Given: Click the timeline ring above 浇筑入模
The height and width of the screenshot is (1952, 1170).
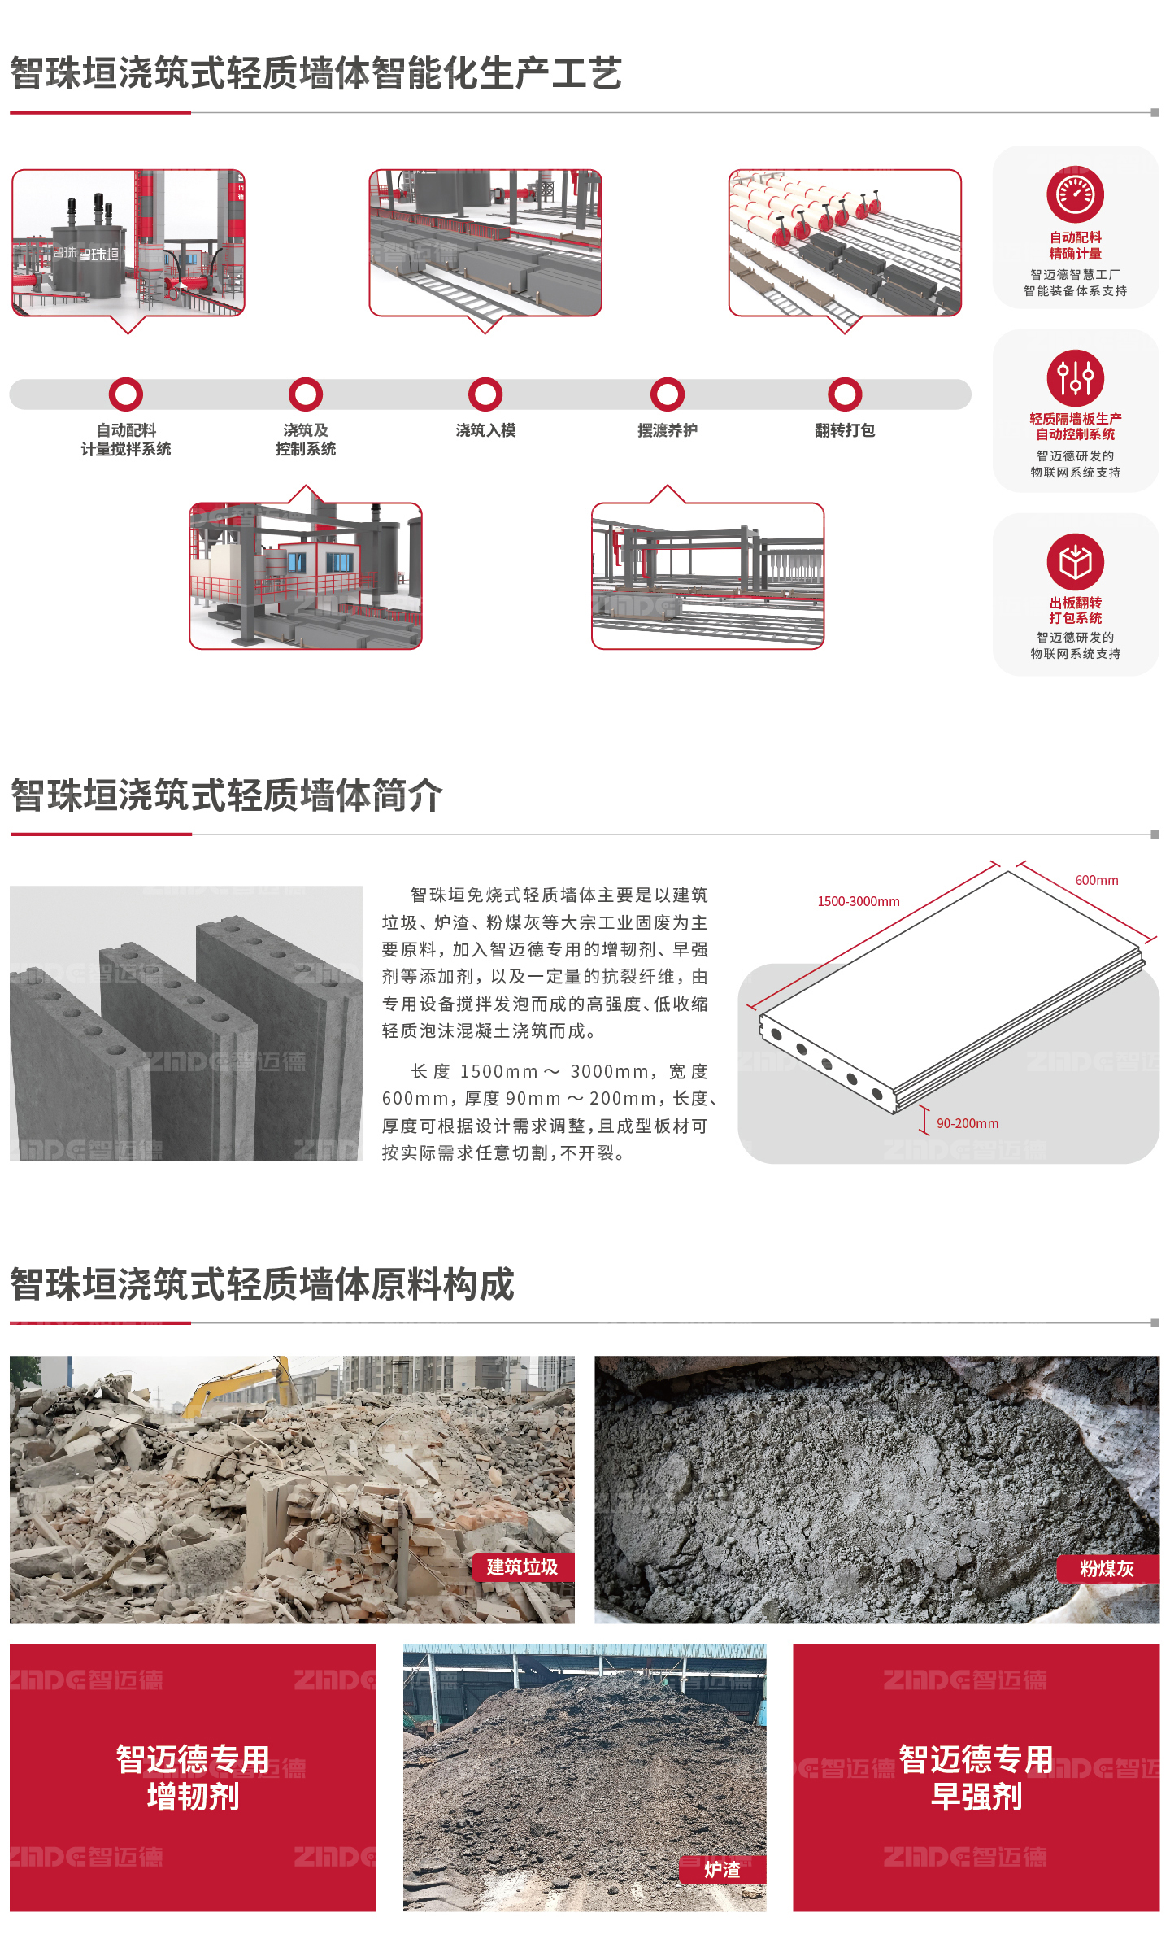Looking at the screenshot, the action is tap(485, 379).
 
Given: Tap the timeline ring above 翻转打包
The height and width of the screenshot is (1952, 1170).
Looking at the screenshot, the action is tap(845, 379).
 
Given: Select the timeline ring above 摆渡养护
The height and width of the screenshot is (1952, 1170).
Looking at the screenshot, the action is tap(668, 379).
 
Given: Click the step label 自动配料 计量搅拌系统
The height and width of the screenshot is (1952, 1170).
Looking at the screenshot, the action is tap(126, 439).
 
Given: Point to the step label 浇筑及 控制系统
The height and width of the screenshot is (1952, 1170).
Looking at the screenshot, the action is tap(306, 439).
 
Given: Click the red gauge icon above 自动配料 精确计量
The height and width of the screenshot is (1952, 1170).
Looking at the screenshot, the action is tap(1075, 194).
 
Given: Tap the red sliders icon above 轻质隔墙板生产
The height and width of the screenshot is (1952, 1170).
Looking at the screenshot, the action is tap(1075, 377).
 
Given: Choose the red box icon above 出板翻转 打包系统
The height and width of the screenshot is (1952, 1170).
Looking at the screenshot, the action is tap(1075, 561).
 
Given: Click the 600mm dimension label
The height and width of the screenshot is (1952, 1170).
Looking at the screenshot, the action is tap(1097, 880).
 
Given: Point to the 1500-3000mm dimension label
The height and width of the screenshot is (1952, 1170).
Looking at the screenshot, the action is tap(859, 901).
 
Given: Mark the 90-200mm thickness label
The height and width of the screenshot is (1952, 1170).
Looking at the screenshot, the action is tap(968, 1123).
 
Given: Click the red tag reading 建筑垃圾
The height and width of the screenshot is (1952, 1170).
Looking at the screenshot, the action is tap(523, 1567).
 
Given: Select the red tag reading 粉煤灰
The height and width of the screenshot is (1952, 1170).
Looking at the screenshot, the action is tap(1107, 1569).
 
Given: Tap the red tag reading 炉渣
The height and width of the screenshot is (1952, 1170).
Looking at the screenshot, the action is tap(722, 1870).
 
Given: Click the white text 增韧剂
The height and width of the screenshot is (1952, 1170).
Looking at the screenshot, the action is tap(194, 1797).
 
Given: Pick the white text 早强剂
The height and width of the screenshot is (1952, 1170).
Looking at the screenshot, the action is tap(976, 1797).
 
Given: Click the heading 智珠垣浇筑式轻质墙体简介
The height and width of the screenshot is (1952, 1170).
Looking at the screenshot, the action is tap(227, 795).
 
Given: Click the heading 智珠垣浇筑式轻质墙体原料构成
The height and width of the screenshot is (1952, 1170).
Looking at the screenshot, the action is tap(263, 1285).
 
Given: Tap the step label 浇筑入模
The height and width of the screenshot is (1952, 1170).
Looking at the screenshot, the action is tap(485, 430).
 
